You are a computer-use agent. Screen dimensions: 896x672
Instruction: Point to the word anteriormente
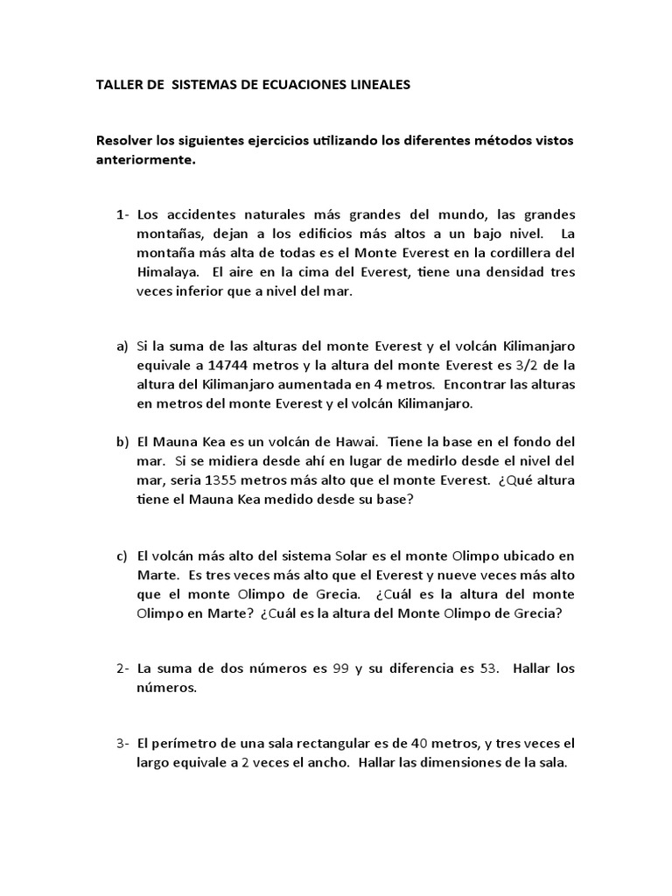click(146, 160)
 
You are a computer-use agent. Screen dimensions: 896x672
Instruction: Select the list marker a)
click(122, 346)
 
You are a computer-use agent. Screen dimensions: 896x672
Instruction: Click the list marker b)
click(122, 441)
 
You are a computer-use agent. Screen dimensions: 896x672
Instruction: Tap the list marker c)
click(122, 556)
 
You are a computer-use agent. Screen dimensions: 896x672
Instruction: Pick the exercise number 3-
click(122, 744)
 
